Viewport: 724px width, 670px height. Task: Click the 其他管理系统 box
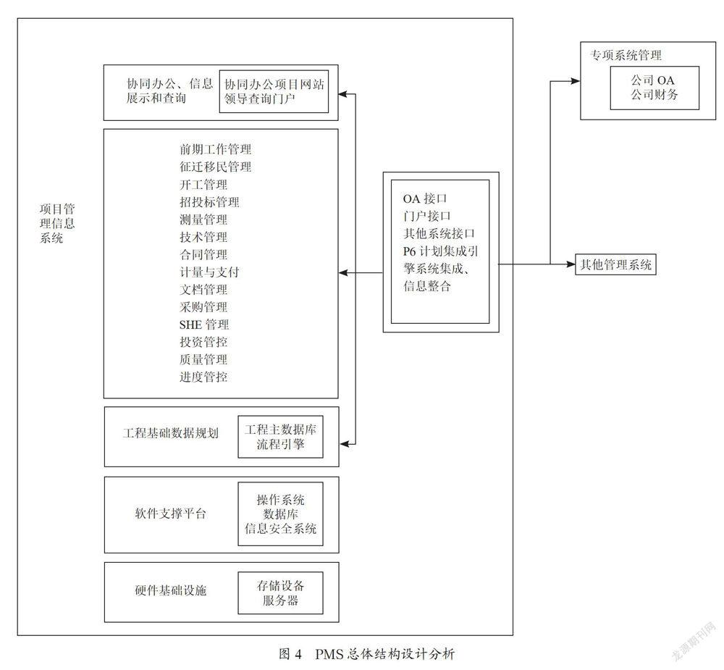[615, 264]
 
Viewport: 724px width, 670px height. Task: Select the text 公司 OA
[653, 80]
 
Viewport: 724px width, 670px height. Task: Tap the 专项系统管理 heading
[626, 56]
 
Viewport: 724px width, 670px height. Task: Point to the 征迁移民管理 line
[216, 167]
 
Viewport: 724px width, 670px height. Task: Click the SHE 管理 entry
[204, 324]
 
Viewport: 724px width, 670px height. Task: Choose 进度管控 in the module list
[203, 377]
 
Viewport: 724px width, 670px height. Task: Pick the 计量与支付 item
[210, 272]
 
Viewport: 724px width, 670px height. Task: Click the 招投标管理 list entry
[210, 202]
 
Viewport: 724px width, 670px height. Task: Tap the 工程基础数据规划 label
[170, 433]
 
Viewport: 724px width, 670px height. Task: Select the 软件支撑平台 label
[170, 514]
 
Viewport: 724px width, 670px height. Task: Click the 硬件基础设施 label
[170, 590]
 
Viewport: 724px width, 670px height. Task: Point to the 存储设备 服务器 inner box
[280, 592]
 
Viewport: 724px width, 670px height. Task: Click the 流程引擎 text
[281, 445]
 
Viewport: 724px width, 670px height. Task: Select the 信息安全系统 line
[281, 529]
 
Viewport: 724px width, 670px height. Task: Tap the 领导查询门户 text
[259, 99]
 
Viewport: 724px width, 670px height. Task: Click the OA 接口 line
[425, 198]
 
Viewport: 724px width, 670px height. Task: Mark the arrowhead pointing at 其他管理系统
[571, 264]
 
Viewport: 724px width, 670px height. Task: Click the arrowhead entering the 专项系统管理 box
[576, 81]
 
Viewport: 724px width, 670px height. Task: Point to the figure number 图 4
[290, 654]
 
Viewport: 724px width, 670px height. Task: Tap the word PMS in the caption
[329, 654]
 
